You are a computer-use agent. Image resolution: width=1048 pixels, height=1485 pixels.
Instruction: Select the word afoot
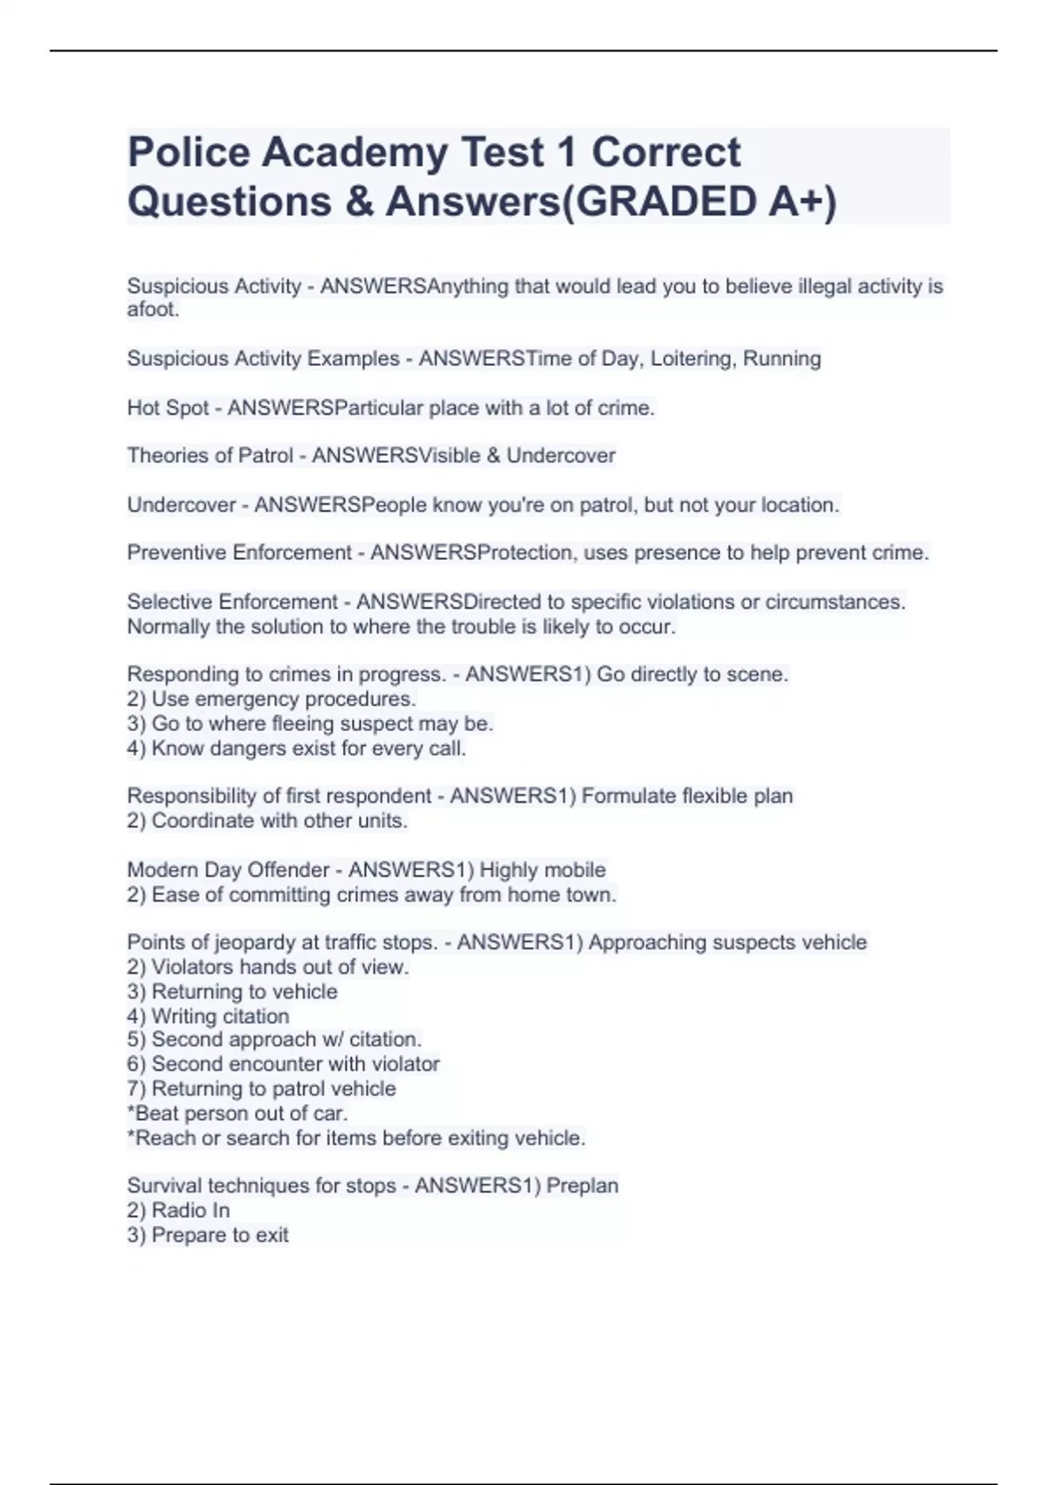[x=153, y=310]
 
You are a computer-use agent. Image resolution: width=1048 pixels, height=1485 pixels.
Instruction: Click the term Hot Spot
[x=168, y=408]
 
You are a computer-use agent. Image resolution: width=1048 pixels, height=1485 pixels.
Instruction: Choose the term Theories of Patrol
[x=210, y=456]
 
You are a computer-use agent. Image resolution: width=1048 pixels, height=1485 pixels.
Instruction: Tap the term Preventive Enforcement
[x=239, y=553]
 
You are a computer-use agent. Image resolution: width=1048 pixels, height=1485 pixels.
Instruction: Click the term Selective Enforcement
[x=232, y=602]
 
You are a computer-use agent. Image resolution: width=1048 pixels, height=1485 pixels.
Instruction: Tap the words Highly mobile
[x=542, y=870]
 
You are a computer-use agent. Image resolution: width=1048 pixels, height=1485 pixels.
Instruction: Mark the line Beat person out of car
[x=238, y=1114]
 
